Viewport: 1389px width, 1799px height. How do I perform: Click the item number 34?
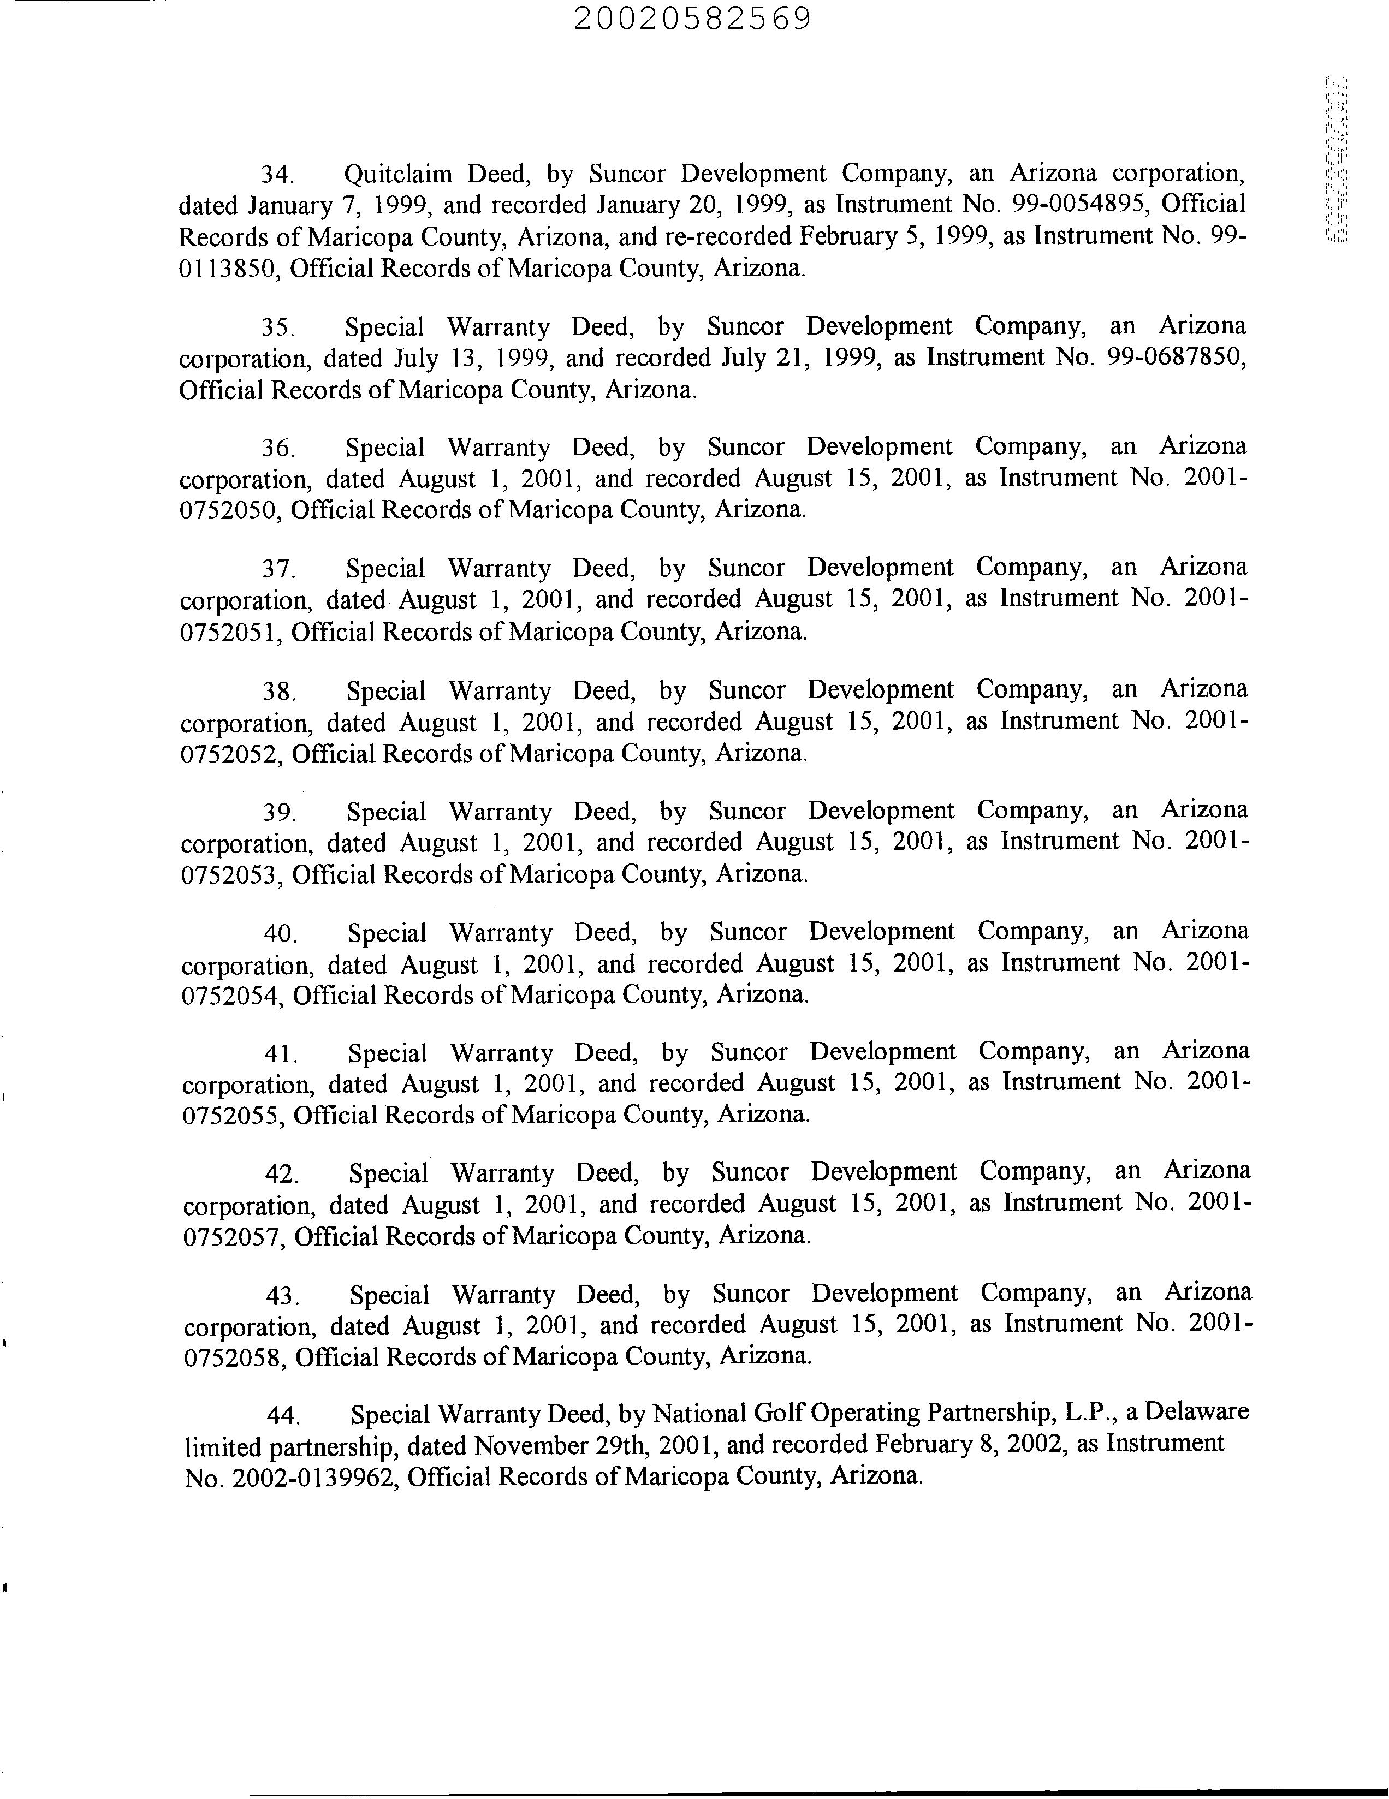point(277,175)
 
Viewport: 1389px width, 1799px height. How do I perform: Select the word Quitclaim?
point(398,174)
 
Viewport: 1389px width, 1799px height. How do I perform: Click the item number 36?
point(277,448)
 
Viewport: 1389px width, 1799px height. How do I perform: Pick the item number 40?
point(280,933)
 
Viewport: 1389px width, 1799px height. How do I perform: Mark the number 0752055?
point(234,1115)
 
